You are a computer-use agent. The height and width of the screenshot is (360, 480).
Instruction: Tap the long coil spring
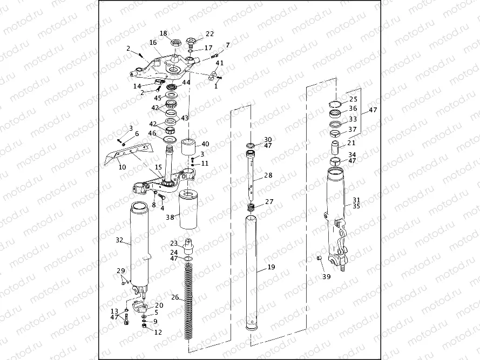coord(189,302)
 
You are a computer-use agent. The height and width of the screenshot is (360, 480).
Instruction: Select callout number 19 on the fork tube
coord(271,267)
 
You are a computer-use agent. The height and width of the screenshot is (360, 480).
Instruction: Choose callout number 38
coord(170,218)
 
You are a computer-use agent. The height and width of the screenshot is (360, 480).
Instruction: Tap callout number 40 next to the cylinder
coord(205,144)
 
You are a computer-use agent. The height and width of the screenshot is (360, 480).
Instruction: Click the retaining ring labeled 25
coord(335,105)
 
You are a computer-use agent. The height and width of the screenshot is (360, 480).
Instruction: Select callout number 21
coord(351,143)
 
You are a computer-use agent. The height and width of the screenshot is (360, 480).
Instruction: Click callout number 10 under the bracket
coord(122,167)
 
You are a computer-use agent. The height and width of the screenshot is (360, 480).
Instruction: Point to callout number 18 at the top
coord(163,33)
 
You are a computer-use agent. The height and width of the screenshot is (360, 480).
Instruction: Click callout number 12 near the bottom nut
coord(158,332)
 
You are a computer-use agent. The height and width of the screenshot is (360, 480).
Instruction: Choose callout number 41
coord(220,63)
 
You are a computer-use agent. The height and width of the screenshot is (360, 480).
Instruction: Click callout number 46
coord(152,133)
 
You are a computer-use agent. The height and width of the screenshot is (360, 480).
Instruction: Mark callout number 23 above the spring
coord(174,243)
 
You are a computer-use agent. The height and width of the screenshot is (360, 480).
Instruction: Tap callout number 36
coord(353,108)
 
